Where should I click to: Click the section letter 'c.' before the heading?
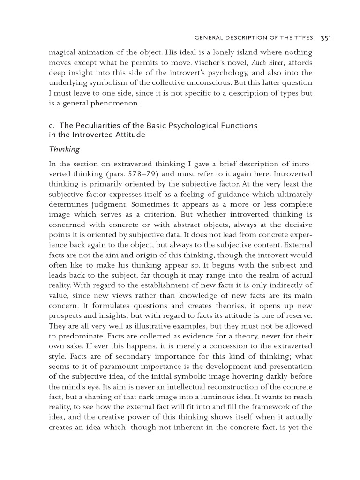click(x=52, y=126)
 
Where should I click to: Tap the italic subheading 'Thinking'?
click(x=64, y=150)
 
